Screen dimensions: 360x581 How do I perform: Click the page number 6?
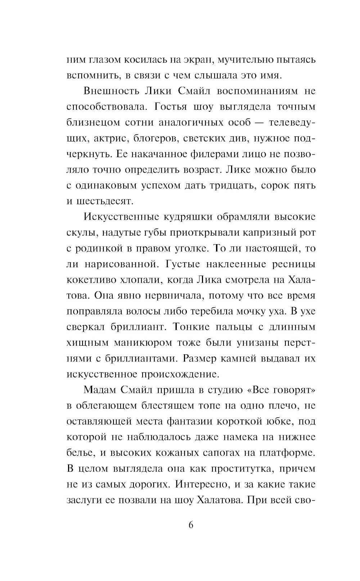click(x=191, y=525)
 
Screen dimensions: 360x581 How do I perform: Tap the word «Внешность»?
click(x=111, y=91)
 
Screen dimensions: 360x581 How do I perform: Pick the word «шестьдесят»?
click(x=105, y=201)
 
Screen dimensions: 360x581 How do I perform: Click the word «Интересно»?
click(x=202, y=484)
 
